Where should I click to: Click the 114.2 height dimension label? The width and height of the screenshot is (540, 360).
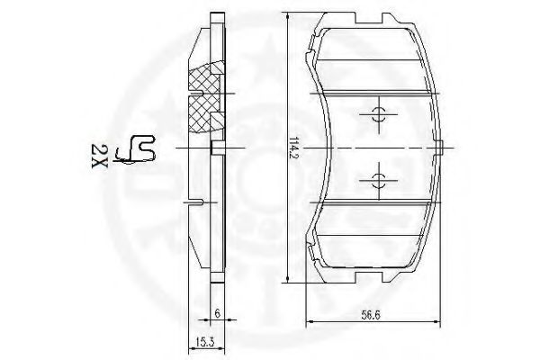[293, 148]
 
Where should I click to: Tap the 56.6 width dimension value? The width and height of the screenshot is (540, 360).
[371, 315]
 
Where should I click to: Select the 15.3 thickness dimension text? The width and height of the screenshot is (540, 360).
[205, 342]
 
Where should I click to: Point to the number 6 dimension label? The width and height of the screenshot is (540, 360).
[217, 313]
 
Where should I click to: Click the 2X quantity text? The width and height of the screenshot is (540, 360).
[100, 156]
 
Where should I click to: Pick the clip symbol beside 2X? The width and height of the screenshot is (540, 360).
[136, 149]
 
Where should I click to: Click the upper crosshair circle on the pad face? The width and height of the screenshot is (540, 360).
[379, 114]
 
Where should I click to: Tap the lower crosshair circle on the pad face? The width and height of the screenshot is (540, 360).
[379, 181]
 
